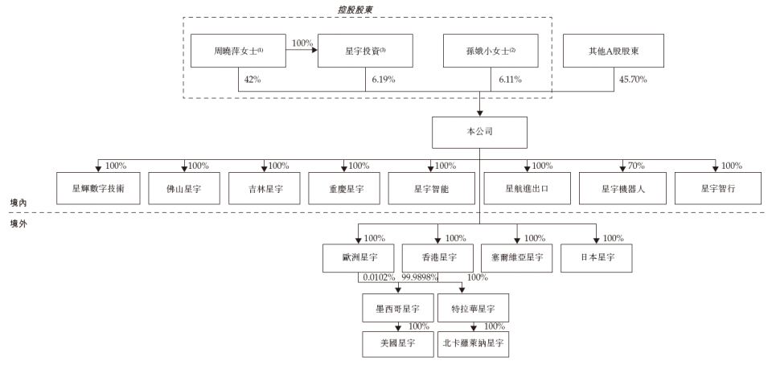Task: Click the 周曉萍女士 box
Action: [x=239, y=51]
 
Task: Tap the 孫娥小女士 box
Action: [x=491, y=51]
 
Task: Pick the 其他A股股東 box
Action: [x=614, y=51]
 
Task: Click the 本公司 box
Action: [x=480, y=132]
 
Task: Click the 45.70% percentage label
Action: [x=631, y=80]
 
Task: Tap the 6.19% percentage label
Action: [x=385, y=80]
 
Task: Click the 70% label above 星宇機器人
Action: [x=637, y=166]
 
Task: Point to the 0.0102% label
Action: [x=379, y=277]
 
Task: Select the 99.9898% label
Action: [x=421, y=277]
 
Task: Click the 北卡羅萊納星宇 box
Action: [x=474, y=342]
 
